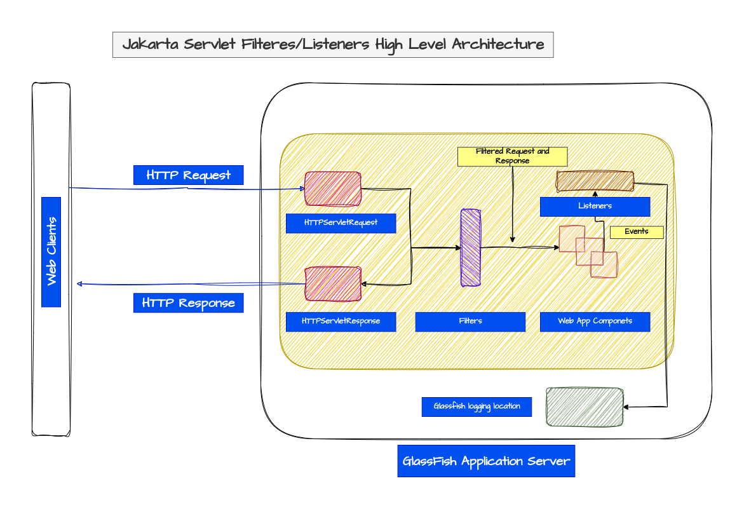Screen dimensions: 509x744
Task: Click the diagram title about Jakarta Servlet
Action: click(333, 45)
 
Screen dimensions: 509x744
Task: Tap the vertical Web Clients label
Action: click(51, 252)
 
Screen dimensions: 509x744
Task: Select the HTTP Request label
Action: click(188, 175)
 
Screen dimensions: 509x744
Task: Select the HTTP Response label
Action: click(188, 303)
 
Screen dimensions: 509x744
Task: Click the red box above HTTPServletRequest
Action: click(333, 189)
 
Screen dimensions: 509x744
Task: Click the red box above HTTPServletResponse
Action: click(333, 283)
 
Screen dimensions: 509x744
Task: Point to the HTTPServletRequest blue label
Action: click(341, 223)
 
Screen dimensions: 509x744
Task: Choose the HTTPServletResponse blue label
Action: click(341, 322)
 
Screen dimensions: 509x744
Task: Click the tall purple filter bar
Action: click(470, 248)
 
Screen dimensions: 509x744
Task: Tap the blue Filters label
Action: click(470, 322)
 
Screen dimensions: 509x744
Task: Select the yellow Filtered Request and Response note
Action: click(512, 156)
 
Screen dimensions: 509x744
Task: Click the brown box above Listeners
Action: click(595, 182)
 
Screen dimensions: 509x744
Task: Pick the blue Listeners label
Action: click(595, 207)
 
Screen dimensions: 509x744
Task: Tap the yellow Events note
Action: click(637, 232)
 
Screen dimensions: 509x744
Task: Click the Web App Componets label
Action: click(595, 322)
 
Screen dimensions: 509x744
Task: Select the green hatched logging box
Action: click(585, 407)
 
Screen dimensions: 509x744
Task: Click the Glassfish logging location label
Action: click(477, 407)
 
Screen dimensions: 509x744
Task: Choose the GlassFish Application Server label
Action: click(487, 461)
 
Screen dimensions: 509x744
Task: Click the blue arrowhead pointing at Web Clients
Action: click(79, 283)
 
